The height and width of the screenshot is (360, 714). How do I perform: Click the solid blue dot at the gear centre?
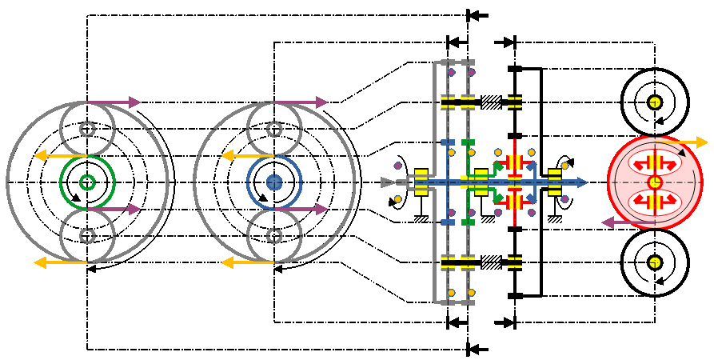tap(274, 182)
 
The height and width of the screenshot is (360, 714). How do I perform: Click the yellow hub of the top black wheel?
tap(655, 102)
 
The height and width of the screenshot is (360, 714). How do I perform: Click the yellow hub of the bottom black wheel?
tap(655, 262)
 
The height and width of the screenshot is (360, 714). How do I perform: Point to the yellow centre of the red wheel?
tap(655, 182)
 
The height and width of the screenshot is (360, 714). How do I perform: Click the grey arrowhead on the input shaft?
tap(389, 182)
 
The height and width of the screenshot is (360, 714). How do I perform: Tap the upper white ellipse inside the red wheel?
tap(655, 163)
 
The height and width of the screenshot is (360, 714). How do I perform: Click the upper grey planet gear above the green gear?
tap(88, 128)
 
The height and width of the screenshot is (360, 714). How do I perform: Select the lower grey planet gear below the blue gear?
tap(274, 236)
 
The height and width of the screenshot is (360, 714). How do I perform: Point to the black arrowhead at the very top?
tap(477, 15)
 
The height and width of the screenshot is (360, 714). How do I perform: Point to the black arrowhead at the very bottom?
tap(477, 350)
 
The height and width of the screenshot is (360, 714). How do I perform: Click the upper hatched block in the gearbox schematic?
tap(492, 102)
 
